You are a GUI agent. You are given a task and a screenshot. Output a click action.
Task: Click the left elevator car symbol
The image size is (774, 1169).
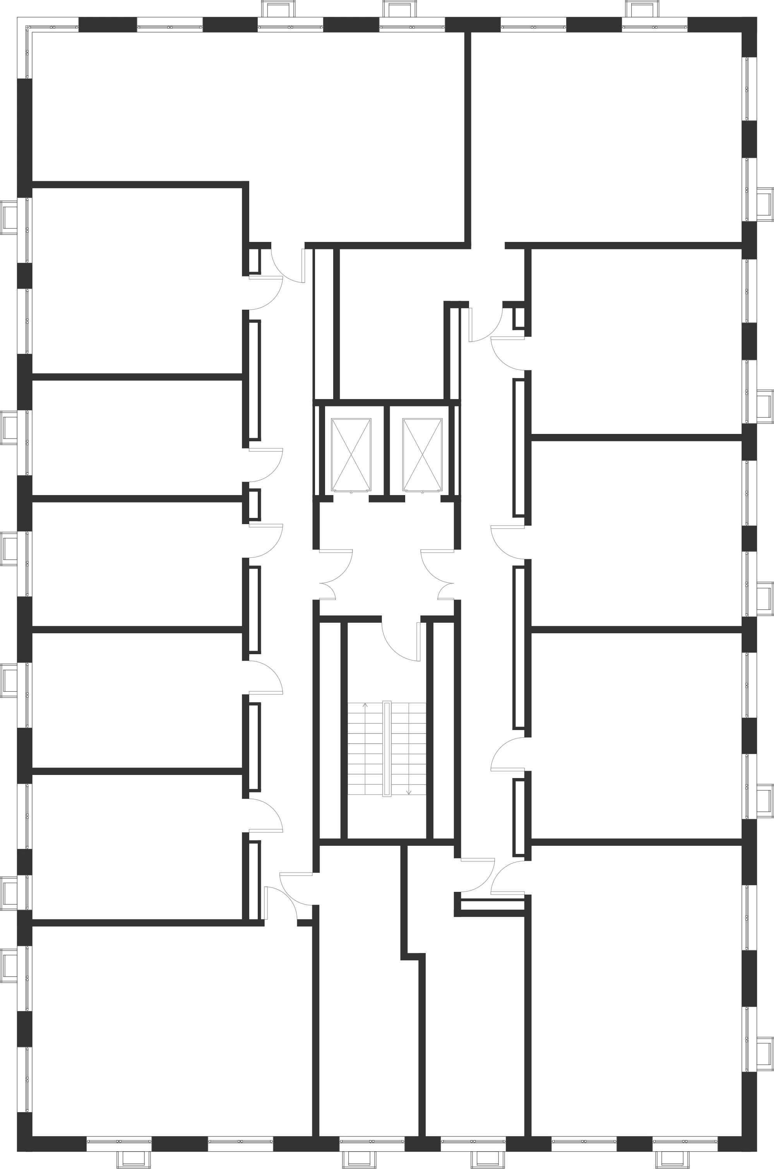pos(350,455)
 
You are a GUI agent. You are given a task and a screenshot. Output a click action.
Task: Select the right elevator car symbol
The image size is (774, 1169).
pos(421,455)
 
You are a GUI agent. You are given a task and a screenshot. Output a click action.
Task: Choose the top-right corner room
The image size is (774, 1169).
pos(607,133)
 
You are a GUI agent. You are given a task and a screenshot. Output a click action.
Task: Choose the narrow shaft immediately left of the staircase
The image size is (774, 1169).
pos(330,731)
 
